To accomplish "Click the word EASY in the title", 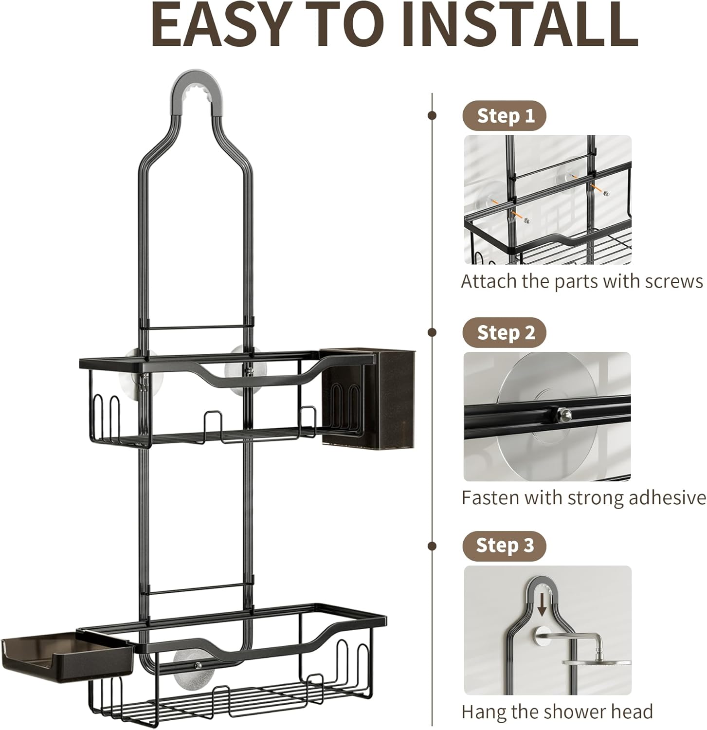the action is (218, 24).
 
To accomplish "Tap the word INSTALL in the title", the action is (520, 24).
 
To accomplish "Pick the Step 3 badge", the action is (504, 545).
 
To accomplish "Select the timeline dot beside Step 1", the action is (432, 115).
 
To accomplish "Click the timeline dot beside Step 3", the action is (432, 545).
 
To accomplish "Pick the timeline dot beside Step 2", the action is (432, 332).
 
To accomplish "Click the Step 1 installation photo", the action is (547, 200).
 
